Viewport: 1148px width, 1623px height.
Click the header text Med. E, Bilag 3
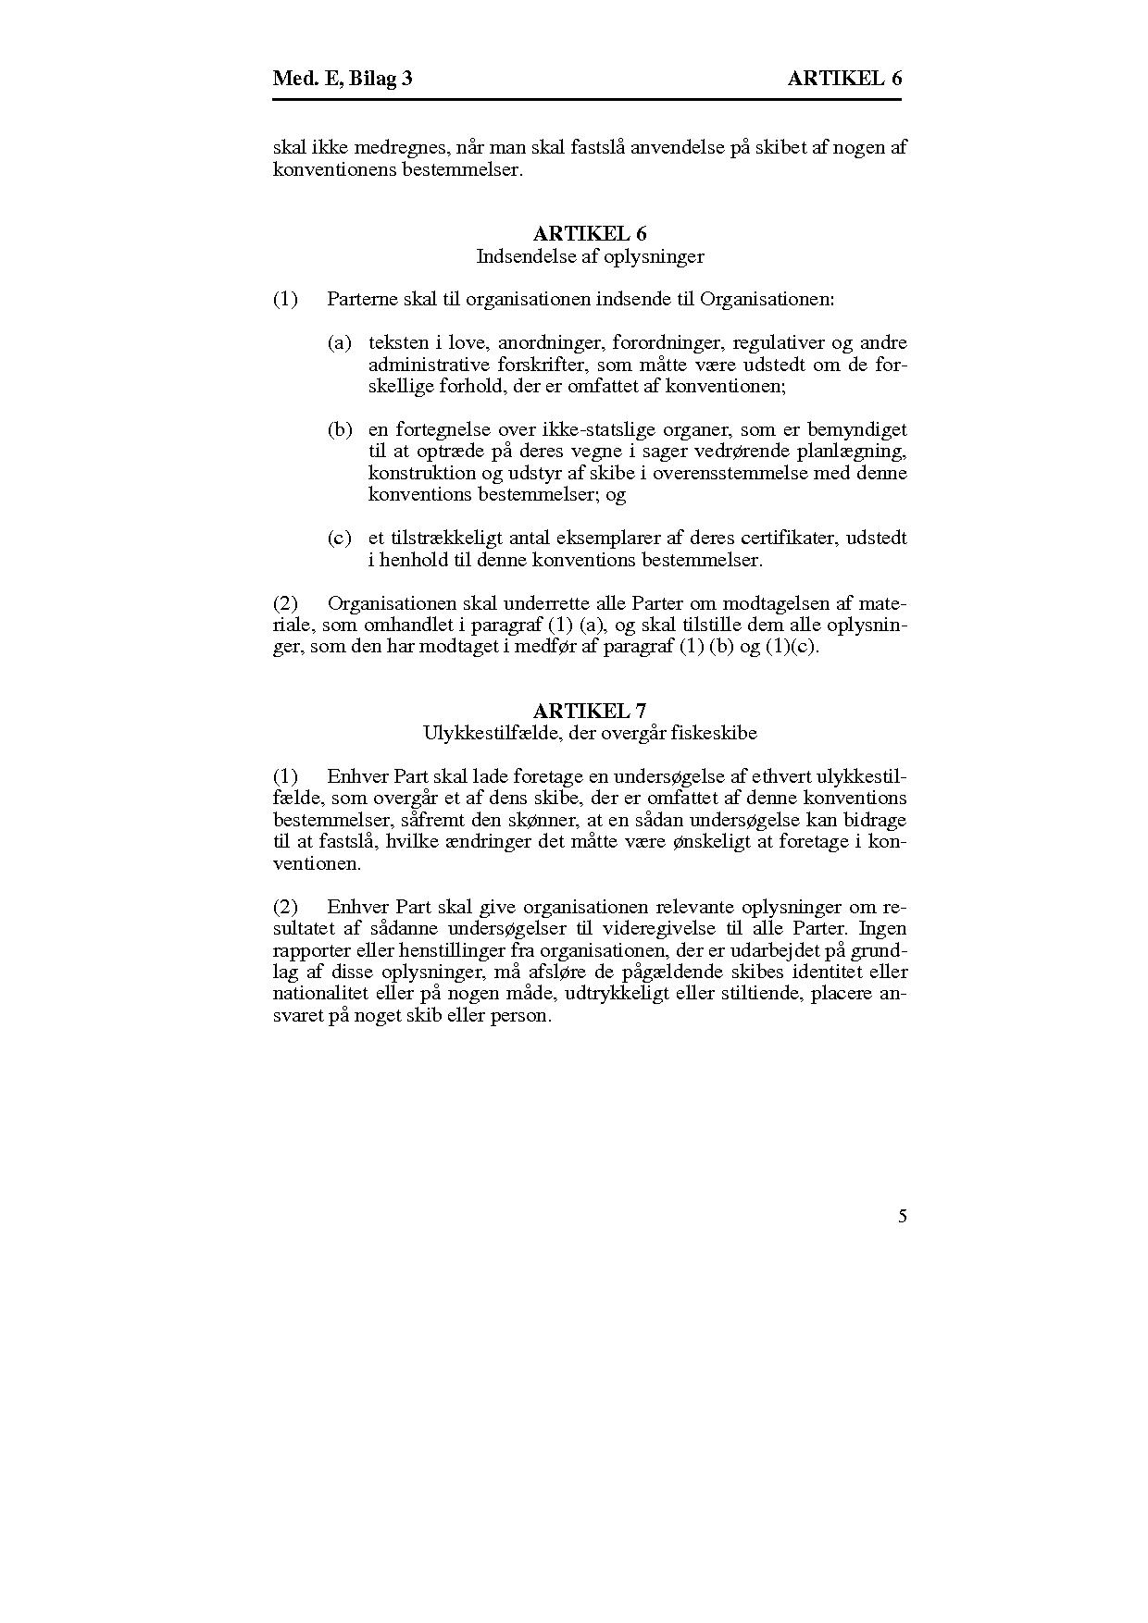(x=343, y=79)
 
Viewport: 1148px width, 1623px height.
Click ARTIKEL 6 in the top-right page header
(x=844, y=79)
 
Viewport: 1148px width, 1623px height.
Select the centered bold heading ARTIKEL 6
(x=590, y=234)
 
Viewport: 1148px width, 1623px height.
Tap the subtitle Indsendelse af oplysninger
(x=590, y=256)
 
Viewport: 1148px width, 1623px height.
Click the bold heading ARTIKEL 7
(x=590, y=711)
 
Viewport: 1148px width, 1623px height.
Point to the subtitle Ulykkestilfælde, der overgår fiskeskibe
(x=590, y=733)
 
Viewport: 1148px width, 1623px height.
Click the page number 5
(x=903, y=1216)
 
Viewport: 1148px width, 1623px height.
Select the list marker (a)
(x=340, y=343)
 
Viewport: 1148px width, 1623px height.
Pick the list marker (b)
(x=340, y=429)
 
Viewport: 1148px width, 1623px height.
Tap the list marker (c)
(x=340, y=538)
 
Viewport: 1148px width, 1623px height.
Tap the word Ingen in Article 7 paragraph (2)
(x=883, y=928)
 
